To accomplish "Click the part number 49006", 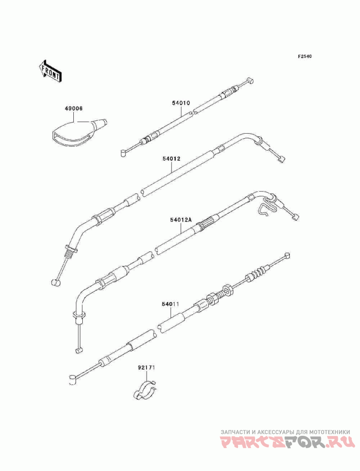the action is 73,109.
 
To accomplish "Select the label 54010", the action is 181,103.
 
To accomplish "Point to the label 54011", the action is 170,304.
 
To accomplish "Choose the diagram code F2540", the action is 305,56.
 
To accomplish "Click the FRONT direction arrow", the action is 50,72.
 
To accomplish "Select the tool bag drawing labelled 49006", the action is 79,133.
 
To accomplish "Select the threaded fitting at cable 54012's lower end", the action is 70,251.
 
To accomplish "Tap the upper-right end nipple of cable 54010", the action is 250,81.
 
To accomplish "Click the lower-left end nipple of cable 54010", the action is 123,153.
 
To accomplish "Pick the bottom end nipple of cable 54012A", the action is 79,350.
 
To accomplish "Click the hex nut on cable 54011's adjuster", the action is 229,290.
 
